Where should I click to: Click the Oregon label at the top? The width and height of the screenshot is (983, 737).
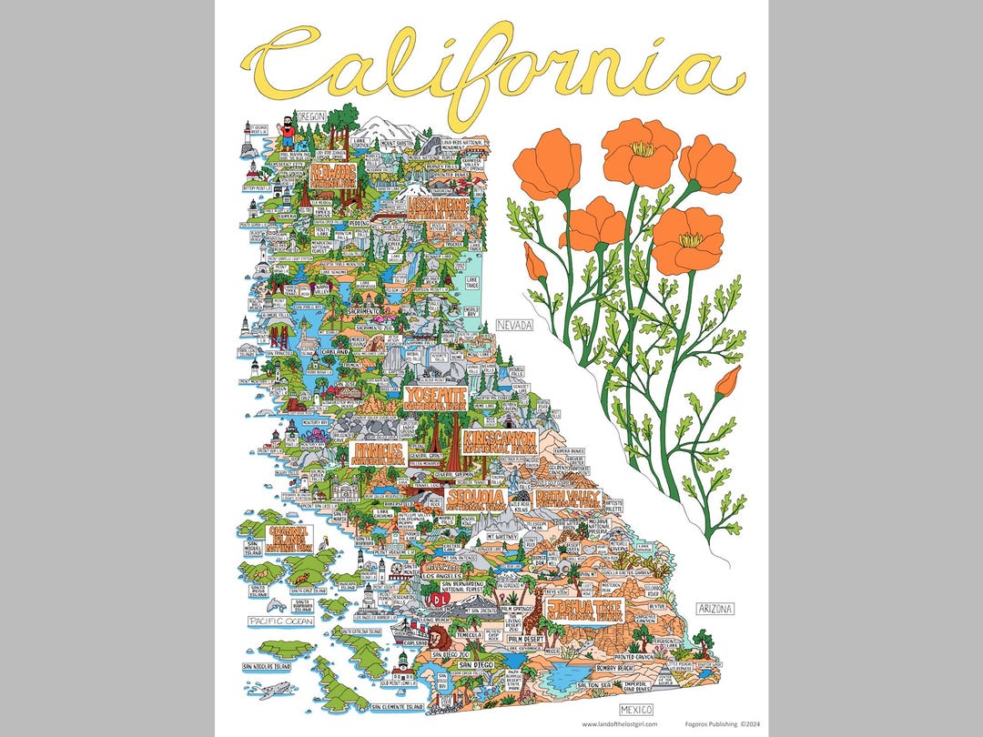(310, 116)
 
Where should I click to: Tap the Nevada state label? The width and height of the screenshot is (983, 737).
(514, 324)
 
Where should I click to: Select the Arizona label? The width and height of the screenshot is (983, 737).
(714, 608)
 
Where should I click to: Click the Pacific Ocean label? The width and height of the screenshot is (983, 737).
(281, 621)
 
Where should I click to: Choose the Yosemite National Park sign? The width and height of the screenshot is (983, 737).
(436, 397)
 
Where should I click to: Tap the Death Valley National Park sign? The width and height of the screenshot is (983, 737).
(566, 498)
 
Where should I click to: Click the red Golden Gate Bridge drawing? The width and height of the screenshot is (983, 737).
(279, 338)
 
